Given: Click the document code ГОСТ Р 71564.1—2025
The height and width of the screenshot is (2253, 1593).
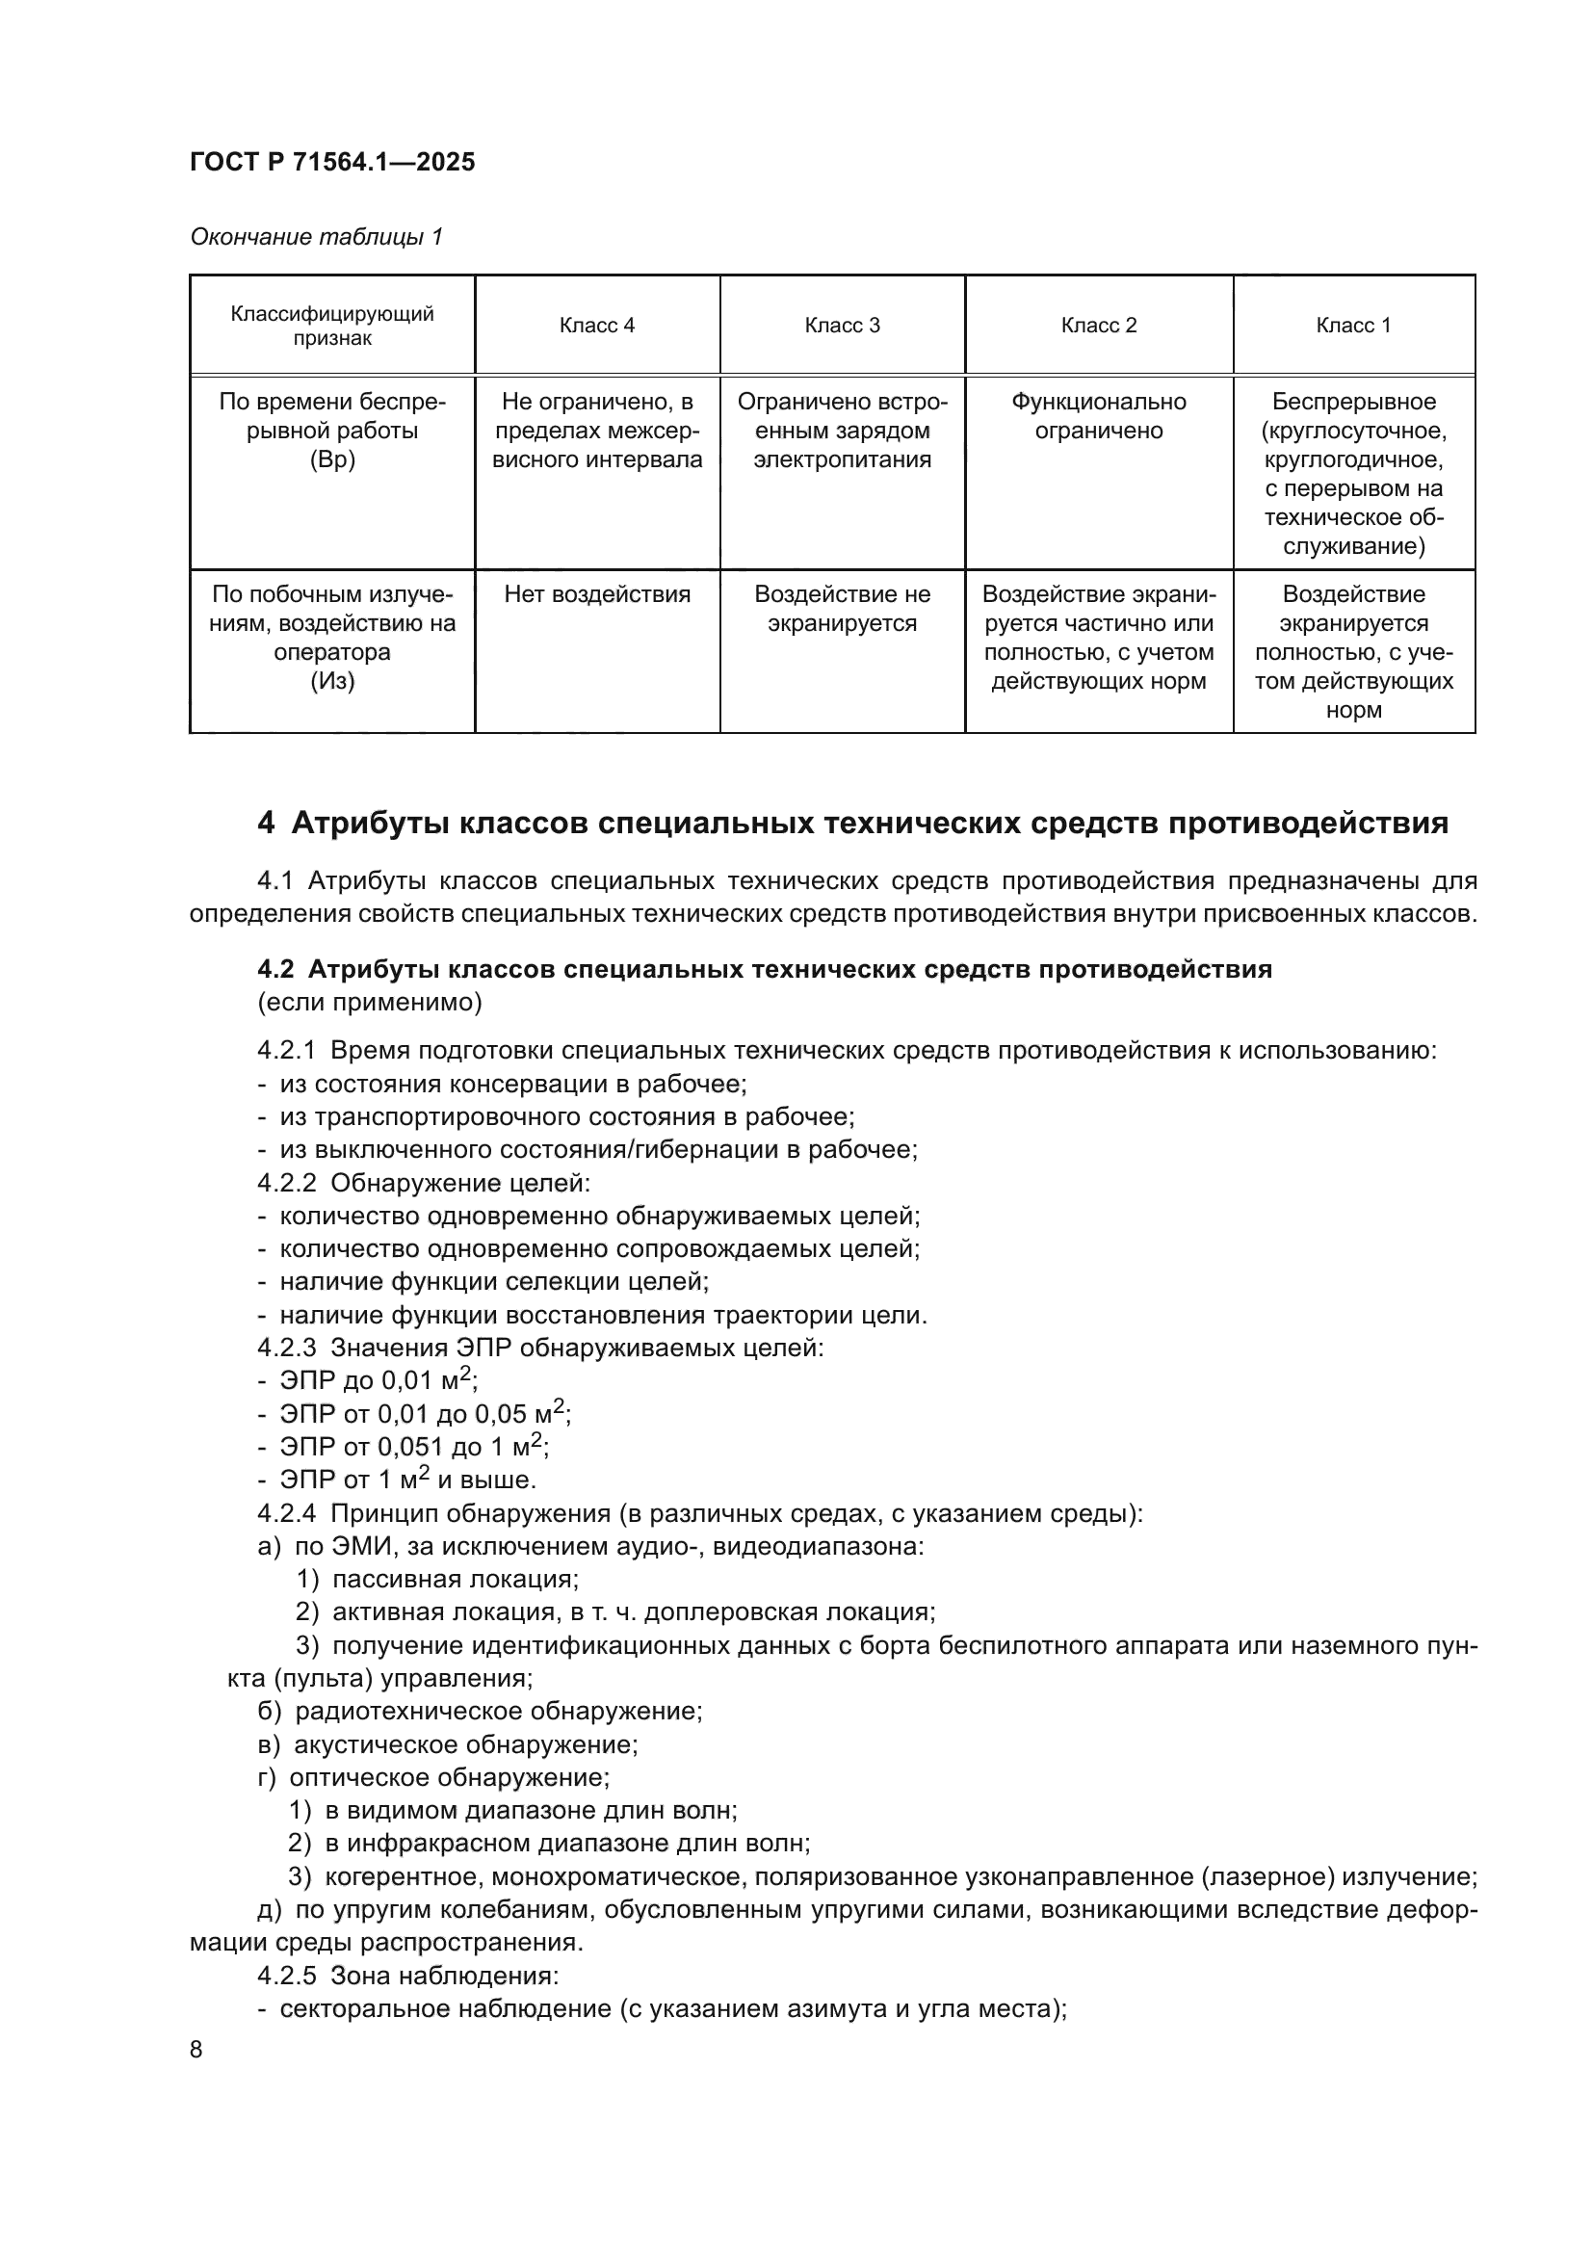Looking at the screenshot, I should point(331,162).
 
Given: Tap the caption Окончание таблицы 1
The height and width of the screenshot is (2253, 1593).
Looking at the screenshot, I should point(316,237).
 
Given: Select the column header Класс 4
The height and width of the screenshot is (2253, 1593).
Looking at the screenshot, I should point(596,326).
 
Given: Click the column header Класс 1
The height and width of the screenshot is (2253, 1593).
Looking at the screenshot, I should point(1352,326).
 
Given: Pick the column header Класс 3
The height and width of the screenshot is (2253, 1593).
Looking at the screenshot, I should point(842,326).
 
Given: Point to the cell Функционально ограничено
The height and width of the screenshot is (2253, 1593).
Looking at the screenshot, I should point(1098,416).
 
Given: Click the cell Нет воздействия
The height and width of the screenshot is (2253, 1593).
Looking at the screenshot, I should point(596,594).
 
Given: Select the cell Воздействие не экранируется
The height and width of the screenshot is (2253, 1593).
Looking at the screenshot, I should point(842,610).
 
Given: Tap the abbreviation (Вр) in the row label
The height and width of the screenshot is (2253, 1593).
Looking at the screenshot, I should point(331,460).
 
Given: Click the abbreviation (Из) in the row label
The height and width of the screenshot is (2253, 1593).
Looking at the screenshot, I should point(331,681).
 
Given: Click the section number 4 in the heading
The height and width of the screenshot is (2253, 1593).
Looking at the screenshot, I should point(266,823).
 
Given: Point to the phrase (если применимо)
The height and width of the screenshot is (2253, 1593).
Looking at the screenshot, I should point(369,1002).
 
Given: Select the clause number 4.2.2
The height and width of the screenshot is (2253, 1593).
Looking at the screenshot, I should point(286,1184).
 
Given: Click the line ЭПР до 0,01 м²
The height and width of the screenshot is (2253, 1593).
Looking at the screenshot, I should point(378,1380).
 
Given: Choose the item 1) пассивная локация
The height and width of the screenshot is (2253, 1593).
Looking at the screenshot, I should point(437,1579).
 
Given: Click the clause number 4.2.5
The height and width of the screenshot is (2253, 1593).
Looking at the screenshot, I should point(286,1976).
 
